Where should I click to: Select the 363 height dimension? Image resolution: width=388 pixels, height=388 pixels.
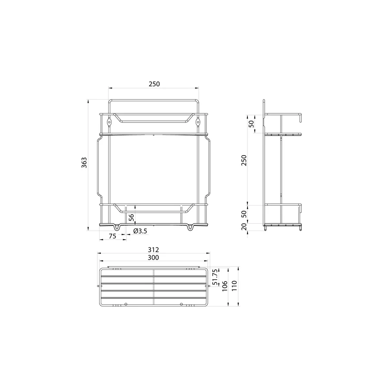click(x=84, y=163)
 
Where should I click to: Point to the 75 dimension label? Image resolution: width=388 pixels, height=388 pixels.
click(x=113, y=236)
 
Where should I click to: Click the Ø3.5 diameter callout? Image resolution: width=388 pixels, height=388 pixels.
click(x=140, y=231)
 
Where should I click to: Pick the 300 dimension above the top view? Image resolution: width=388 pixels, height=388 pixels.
click(x=153, y=257)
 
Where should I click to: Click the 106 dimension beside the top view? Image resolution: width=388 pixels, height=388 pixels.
click(x=224, y=286)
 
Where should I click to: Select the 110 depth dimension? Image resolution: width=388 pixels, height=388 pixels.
click(x=235, y=286)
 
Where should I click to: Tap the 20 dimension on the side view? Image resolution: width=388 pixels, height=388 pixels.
click(x=244, y=227)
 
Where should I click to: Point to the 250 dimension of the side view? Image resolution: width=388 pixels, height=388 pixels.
click(x=244, y=160)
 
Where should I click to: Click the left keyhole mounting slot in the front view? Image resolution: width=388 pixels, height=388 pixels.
click(x=110, y=122)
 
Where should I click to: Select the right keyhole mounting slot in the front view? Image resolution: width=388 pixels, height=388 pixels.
click(x=198, y=122)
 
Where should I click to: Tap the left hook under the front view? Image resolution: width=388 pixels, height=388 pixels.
click(x=118, y=227)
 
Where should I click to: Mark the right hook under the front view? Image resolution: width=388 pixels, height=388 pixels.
click(x=190, y=227)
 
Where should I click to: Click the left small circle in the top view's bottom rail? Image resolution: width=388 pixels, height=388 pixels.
click(x=125, y=304)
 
